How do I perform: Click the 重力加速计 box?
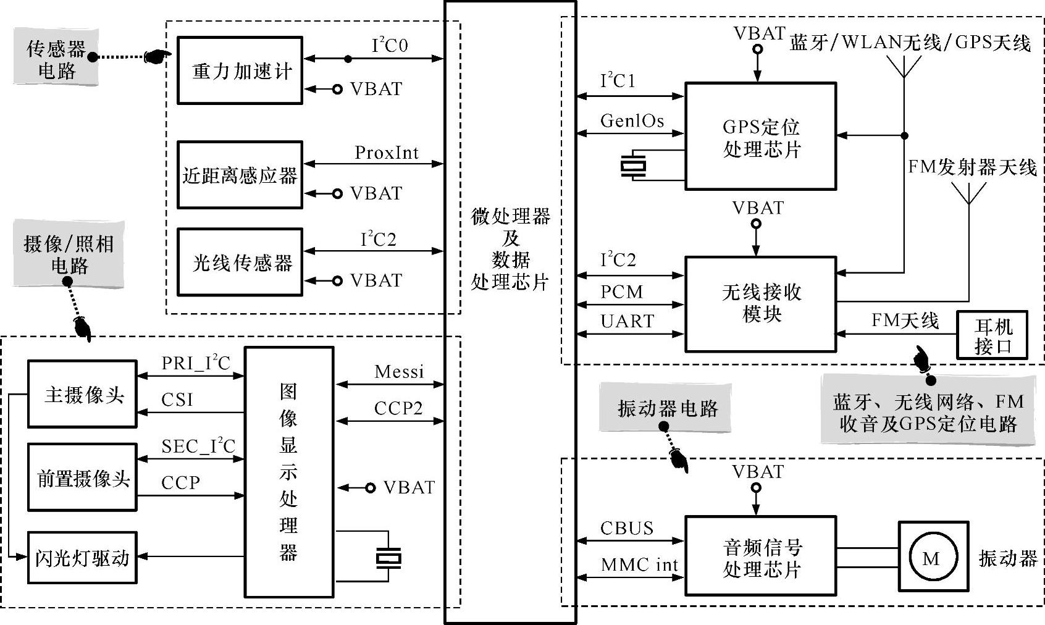(x=240, y=70)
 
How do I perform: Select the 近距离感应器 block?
(x=240, y=175)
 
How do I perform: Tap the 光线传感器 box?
(x=240, y=262)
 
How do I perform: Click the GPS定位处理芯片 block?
(x=760, y=136)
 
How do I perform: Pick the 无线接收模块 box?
(x=760, y=304)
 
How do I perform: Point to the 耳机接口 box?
(x=992, y=335)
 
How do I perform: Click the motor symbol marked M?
(x=933, y=558)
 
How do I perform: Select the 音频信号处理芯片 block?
(x=760, y=556)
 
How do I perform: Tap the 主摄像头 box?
(x=82, y=395)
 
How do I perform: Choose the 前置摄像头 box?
(x=82, y=477)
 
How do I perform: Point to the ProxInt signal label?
(x=387, y=153)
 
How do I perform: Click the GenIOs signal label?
(x=632, y=120)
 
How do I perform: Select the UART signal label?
(x=627, y=321)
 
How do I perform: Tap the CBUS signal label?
(x=627, y=528)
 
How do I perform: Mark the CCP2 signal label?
(x=398, y=408)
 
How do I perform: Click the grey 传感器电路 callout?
(x=56, y=60)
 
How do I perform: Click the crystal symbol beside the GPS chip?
(x=633, y=166)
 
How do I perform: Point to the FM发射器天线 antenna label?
(x=972, y=167)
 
